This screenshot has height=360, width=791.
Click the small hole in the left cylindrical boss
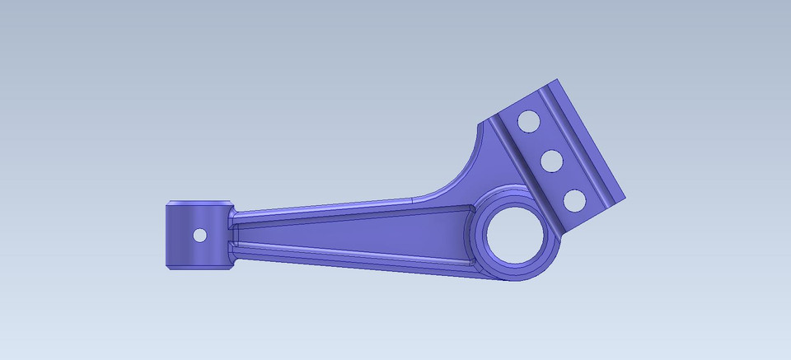coord(199,235)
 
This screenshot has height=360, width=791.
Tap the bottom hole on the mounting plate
coord(573,199)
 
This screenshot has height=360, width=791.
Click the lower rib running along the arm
coord(346,255)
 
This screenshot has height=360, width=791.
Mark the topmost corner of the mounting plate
coord(558,79)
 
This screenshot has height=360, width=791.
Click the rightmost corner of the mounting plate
coord(625,199)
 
